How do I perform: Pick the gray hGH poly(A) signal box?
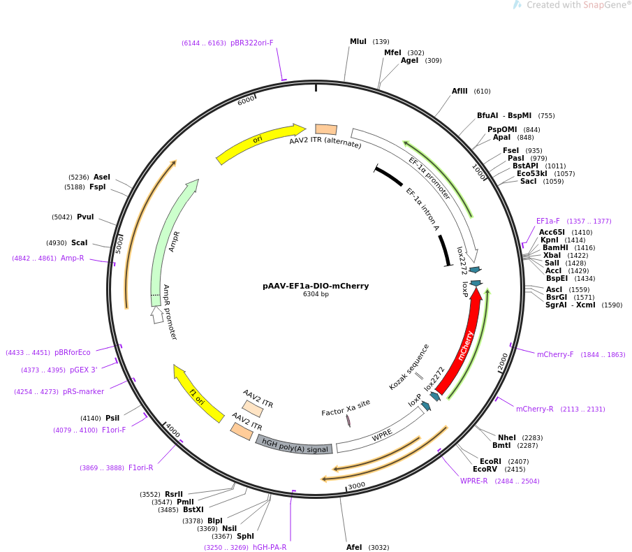pyautogui.click(x=294, y=445)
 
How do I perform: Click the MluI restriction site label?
pyautogui.click(x=358, y=41)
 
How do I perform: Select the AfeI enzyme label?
pyautogui.click(x=354, y=547)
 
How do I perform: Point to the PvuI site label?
pyautogui.click(x=85, y=217)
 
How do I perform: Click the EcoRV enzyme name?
pyautogui.click(x=485, y=470)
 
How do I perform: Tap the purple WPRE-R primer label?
pyautogui.click(x=473, y=481)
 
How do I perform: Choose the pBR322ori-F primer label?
pyautogui.click(x=252, y=43)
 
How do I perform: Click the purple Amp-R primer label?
pyautogui.click(x=72, y=258)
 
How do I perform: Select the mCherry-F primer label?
pyautogui.click(x=555, y=354)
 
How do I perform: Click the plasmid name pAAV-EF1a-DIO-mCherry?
pyautogui.click(x=316, y=286)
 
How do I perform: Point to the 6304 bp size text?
pyautogui.click(x=316, y=294)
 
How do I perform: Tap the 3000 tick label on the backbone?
pyautogui.click(x=357, y=486)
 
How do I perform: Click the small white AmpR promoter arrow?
pyautogui.click(x=157, y=314)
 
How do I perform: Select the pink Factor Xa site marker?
pyautogui.click(x=348, y=421)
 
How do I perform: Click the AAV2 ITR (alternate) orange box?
pyautogui.click(x=326, y=129)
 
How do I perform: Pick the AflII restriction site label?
pyautogui.click(x=460, y=91)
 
